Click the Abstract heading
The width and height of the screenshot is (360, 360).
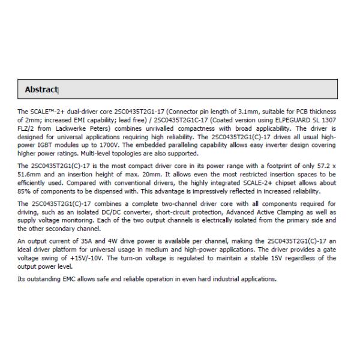click(x=41, y=89)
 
